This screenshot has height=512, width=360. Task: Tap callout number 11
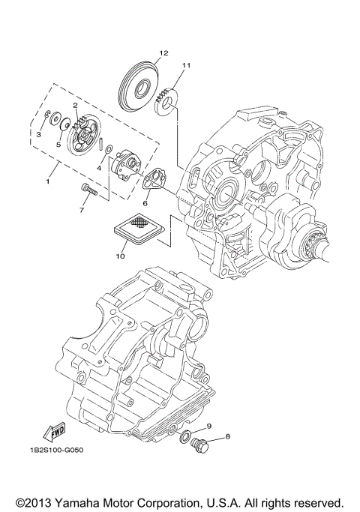pos(186,65)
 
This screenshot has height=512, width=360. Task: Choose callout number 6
pos(146,202)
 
